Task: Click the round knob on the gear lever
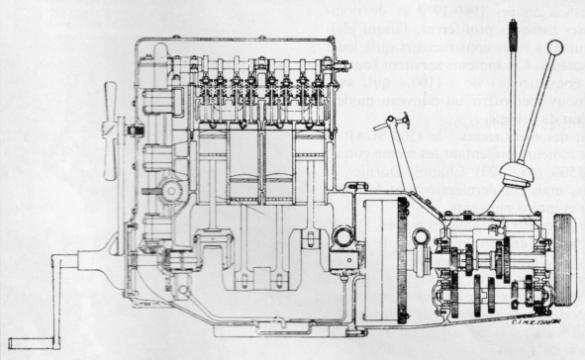pos(555,47)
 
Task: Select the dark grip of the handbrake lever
pos(514,40)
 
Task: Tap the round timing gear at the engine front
pos(169,189)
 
